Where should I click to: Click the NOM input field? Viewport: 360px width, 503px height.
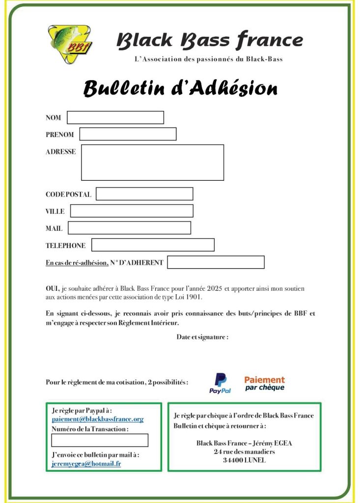[x=115, y=118]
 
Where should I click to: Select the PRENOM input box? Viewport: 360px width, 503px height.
[x=128, y=134]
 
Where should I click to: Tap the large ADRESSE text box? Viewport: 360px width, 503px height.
[x=152, y=163]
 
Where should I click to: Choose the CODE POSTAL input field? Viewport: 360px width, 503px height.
[x=144, y=194]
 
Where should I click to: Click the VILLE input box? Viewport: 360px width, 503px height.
[x=132, y=211]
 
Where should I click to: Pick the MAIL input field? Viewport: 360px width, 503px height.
[x=129, y=228]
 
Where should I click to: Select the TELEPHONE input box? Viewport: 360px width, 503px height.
[x=153, y=245]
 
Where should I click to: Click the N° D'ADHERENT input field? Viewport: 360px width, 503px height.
[x=216, y=262]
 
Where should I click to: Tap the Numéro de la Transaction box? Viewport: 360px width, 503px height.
[x=100, y=440]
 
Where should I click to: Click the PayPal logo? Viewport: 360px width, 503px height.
[x=220, y=383]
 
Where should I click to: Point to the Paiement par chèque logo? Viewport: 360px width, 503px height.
[x=264, y=383]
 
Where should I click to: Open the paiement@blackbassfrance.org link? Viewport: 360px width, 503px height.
[x=98, y=419]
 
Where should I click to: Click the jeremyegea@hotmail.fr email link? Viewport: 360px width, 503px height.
[x=86, y=463]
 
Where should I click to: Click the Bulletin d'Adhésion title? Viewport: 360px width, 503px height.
[x=180, y=88]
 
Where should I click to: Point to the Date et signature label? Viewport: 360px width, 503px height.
[x=202, y=337]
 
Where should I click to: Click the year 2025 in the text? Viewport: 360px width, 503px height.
[x=213, y=289]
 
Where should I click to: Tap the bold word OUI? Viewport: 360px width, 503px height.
[x=53, y=289]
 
